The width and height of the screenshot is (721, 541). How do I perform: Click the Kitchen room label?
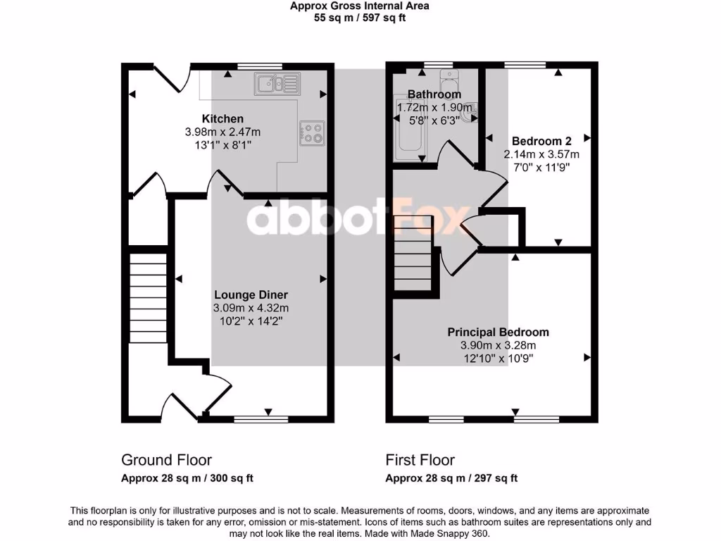click(x=222, y=118)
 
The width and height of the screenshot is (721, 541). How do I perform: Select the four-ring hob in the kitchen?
click(x=313, y=132)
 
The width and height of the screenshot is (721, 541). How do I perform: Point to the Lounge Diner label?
click(x=251, y=295)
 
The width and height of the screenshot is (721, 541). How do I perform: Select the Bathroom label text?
click(x=434, y=94)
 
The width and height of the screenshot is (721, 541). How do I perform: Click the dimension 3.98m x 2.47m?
click(x=222, y=132)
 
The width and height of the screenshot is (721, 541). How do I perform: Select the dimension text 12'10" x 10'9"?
click(x=498, y=359)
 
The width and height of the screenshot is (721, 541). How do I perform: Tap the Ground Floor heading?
click(x=166, y=460)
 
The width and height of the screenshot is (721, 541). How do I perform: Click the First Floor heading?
click(x=420, y=460)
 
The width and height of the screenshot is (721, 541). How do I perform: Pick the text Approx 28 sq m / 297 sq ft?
click(x=451, y=478)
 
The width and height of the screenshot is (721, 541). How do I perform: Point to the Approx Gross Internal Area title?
click(x=360, y=6)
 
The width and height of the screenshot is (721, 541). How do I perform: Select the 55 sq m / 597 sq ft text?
click(x=360, y=18)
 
